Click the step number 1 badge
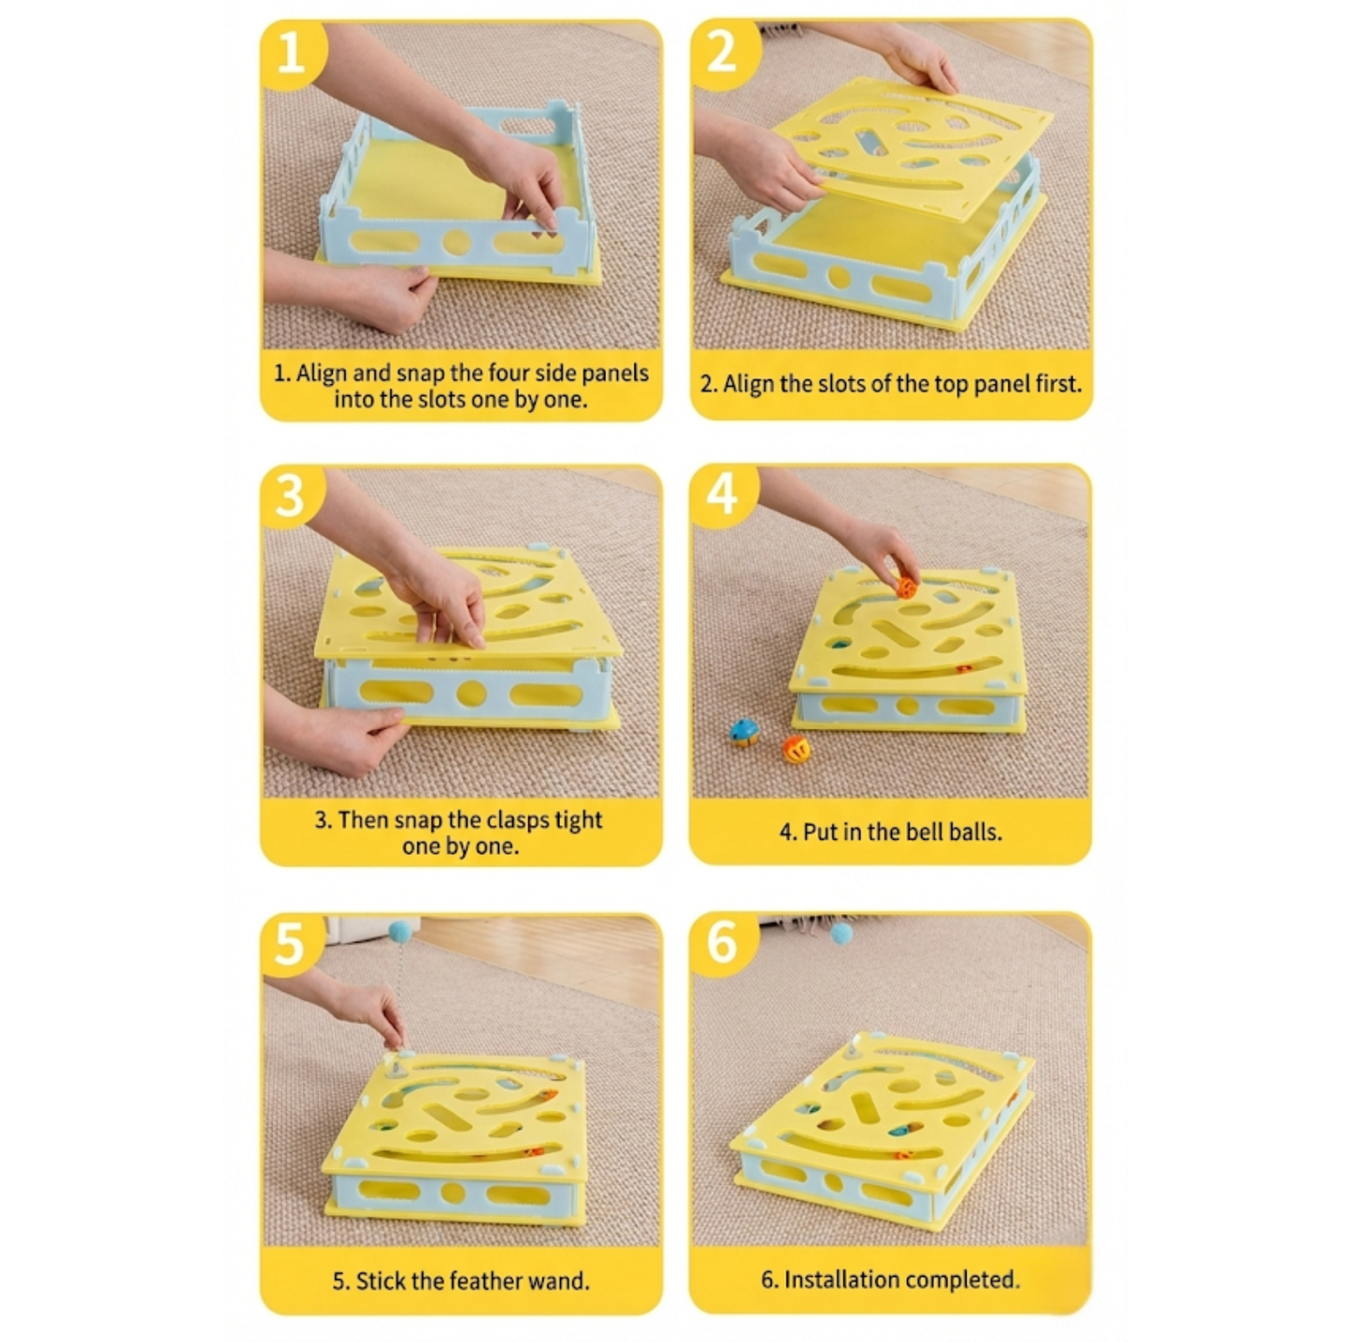click(x=291, y=53)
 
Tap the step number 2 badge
click(x=721, y=53)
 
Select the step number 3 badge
click(x=291, y=495)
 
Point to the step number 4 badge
click(x=721, y=495)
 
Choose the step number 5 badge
click(x=291, y=944)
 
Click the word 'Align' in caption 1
click(x=322, y=373)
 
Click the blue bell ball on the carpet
click(x=743, y=733)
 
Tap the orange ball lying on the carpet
click(x=796, y=749)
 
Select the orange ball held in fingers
click(x=906, y=588)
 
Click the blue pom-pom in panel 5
click(x=401, y=931)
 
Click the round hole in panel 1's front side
click(x=455, y=243)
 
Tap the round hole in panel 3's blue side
click(x=471, y=694)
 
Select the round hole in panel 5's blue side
click(x=453, y=1193)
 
